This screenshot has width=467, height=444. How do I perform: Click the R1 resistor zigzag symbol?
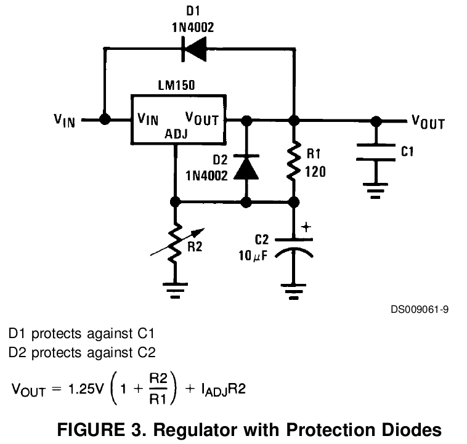294,161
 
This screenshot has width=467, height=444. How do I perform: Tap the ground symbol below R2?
176,288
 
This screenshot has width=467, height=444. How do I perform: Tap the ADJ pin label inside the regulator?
177,133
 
